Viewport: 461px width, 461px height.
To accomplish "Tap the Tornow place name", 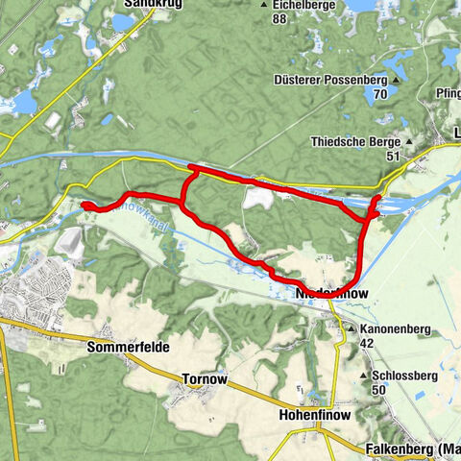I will (x=205, y=379).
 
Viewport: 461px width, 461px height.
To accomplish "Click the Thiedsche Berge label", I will (x=356, y=142).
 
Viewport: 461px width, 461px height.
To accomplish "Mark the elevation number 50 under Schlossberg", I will (x=378, y=391).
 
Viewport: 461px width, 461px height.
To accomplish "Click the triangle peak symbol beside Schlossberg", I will (x=363, y=376).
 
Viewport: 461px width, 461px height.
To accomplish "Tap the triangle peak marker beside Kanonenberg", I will (x=352, y=328).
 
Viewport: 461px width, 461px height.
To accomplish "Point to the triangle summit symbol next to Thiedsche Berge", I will (x=409, y=143).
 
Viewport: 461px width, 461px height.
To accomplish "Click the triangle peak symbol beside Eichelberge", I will (x=265, y=5).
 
